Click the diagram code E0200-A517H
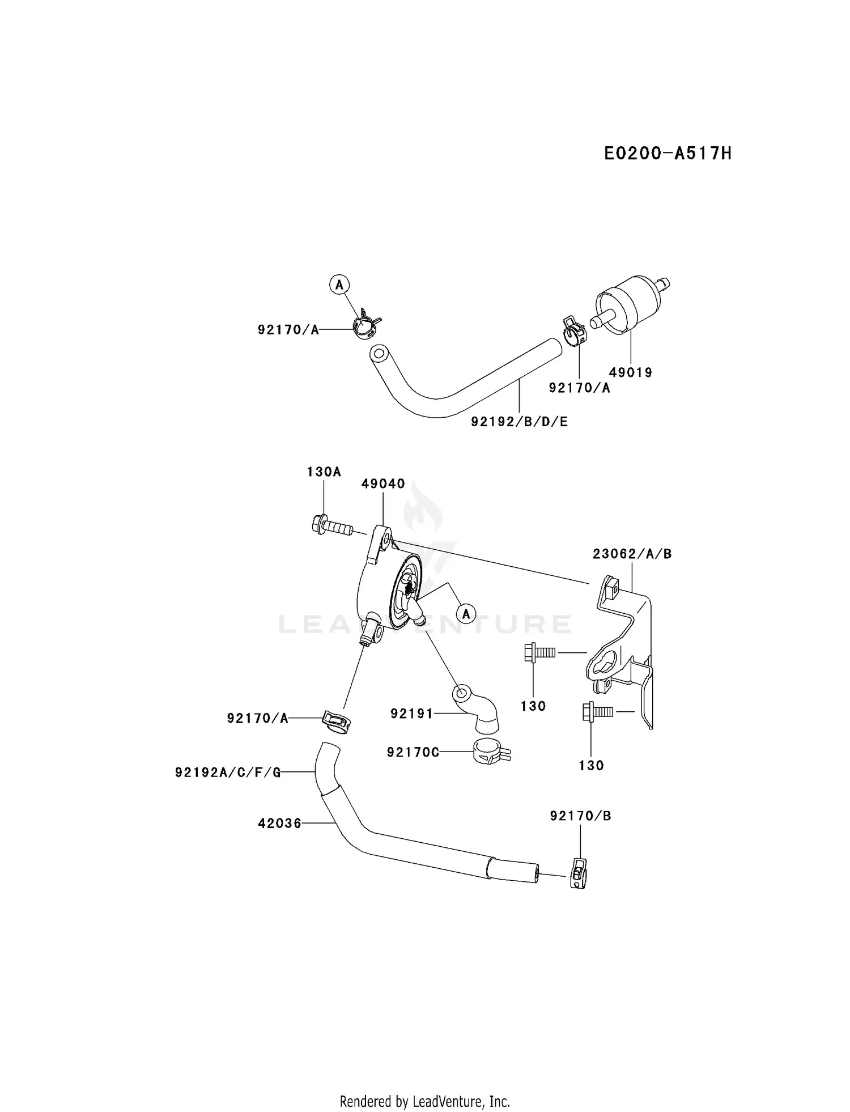coord(667,153)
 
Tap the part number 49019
coord(630,372)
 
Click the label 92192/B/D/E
coord(519,422)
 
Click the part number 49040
coord(383,483)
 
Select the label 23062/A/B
coord(632,554)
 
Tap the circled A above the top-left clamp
coord(339,285)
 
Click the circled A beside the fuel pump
coord(466,613)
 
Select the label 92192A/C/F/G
coord(228,772)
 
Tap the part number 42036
coord(279,823)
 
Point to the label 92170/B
coord(580,816)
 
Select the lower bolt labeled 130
coord(597,711)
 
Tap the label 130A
coord(324,472)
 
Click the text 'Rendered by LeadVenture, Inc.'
coord(424,1085)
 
